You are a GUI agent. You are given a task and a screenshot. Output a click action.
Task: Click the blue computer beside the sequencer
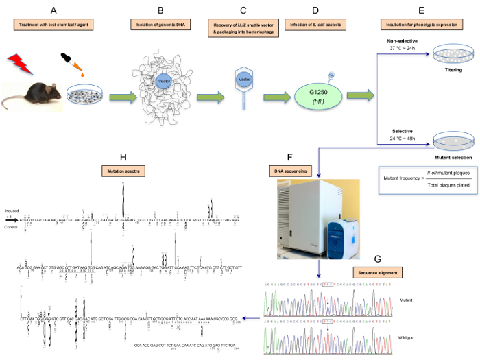point(342,227)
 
